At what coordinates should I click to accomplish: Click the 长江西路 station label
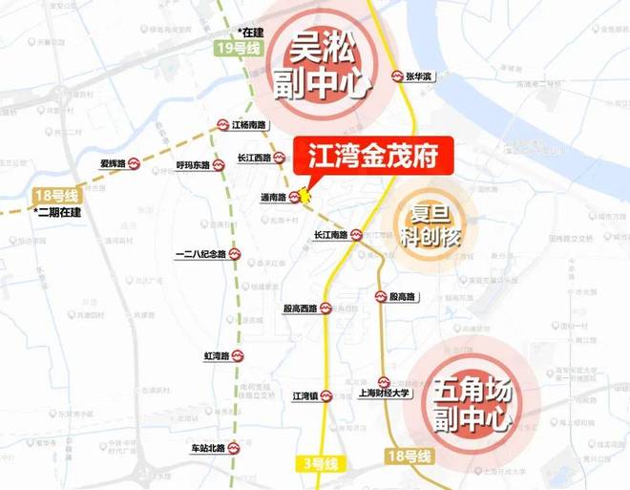[254, 159]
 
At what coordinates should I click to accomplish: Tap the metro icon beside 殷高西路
[325, 309]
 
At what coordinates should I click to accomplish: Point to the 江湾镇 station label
[305, 394]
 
